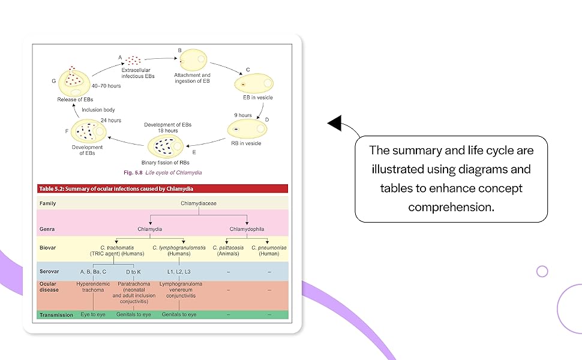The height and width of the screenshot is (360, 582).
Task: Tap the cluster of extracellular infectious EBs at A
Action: click(133, 61)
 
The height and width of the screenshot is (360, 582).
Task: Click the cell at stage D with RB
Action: click(247, 129)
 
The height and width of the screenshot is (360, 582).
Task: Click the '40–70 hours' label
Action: click(107, 86)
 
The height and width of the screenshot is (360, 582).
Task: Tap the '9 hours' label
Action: click(243, 115)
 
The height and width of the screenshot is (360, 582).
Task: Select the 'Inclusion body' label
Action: click(98, 110)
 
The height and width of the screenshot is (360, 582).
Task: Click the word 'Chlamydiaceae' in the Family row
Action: click(199, 203)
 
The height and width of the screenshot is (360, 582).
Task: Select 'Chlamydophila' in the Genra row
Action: click(247, 229)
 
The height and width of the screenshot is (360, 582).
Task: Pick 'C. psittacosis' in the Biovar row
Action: click(231, 247)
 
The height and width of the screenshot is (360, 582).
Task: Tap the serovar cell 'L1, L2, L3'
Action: click(179, 272)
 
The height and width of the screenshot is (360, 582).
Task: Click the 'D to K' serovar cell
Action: click(134, 272)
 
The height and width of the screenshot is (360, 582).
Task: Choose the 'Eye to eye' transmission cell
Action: click(93, 314)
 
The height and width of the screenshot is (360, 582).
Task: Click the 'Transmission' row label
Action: click(56, 314)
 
